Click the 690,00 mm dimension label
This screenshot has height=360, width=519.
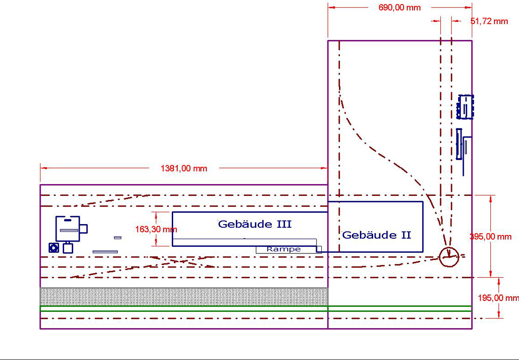[x=399, y=8]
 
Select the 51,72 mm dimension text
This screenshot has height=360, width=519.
[x=489, y=21]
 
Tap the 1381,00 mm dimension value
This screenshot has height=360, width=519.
[x=184, y=168]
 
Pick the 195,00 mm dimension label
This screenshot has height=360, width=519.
[x=498, y=298]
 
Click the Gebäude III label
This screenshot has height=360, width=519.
[x=254, y=224]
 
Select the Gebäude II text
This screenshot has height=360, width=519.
[x=377, y=234]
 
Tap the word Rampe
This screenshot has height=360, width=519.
[x=283, y=249]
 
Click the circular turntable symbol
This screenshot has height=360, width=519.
[x=449, y=257]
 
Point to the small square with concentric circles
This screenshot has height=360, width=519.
[x=54, y=247]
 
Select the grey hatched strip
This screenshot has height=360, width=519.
[x=184, y=296]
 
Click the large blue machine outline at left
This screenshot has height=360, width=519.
[x=67, y=228]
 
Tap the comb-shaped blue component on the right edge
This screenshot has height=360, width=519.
[x=465, y=107]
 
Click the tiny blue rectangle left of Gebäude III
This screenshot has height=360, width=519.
[x=117, y=237]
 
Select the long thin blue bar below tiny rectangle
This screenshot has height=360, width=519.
[x=105, y=252]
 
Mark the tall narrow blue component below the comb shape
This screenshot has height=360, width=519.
[x=459, y=144]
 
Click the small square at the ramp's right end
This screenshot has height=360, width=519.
[x=319, y=249]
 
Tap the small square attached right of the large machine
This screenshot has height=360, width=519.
[x=84, y=229]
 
